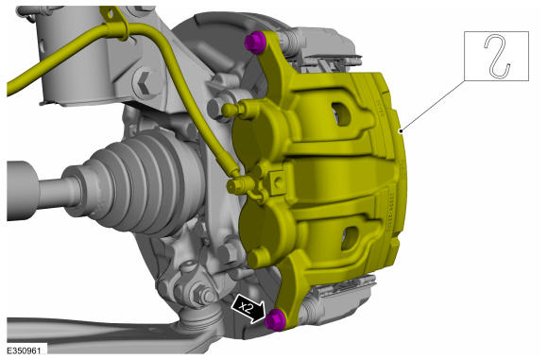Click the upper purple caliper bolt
(255, 43)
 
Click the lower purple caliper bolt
(275, 319)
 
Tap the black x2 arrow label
(248, 308)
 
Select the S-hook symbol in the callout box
(497, 56)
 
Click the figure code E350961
(24, 351)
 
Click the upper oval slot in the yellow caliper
(341, 114)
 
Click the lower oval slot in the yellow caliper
(350, 238)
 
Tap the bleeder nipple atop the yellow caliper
(233, 111)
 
